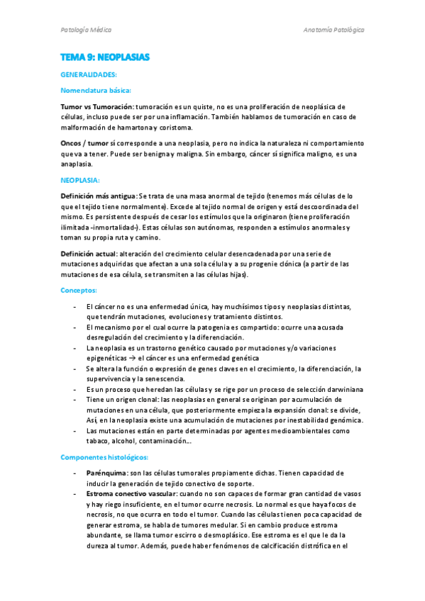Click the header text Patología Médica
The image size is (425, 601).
86,30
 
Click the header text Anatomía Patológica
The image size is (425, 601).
333,30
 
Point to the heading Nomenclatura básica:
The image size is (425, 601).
96,90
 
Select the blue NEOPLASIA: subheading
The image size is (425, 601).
80,180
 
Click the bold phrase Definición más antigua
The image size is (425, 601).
99,196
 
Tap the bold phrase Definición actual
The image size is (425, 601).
90,254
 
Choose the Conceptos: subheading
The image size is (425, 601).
79,291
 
